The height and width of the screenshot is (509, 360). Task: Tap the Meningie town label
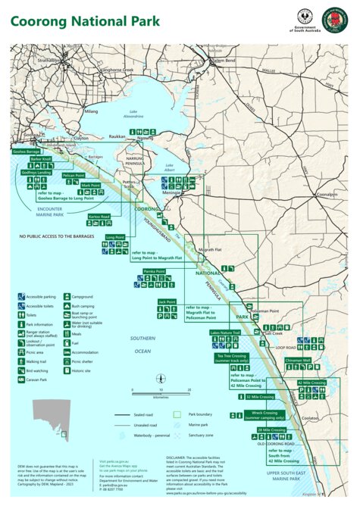tap(171, 192)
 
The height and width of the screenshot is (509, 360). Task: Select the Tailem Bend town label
tap(224, 60)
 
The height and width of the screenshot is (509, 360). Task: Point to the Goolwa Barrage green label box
tap(27, 151)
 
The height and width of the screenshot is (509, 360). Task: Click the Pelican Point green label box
tap(74, 175)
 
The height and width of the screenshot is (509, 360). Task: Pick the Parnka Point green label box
tap(154, 270)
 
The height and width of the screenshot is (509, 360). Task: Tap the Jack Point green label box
tap(167, 301)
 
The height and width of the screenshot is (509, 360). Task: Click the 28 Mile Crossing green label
tap(271, 429)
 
